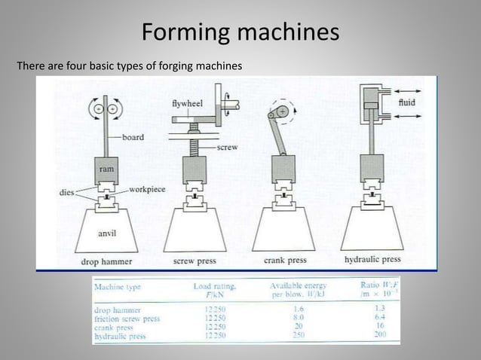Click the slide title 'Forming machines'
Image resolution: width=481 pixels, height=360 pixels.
(x=240, y=33)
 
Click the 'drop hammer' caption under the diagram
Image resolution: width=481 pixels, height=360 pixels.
(x=106, y=261)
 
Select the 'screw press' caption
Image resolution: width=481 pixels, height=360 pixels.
(x=194, y=261)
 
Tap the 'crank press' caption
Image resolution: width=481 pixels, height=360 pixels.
(x=284, y=261)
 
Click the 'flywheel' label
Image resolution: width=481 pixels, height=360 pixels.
(x=187, y=102)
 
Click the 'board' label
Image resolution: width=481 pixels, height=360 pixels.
(x=133, y=137)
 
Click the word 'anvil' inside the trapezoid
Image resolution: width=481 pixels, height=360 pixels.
(x=107, y=233)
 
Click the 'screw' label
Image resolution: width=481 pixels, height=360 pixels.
(x=228, y=148)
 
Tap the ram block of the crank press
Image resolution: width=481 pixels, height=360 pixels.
(x=283, y=168)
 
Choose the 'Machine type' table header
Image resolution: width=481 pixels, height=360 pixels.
(x=118, y=286)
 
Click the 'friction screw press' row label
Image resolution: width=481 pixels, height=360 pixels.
(x=127, y=318)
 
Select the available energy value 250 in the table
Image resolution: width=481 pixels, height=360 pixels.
(x=299, y=336)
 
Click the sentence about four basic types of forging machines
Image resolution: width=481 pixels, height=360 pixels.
(x=129, y=66)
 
